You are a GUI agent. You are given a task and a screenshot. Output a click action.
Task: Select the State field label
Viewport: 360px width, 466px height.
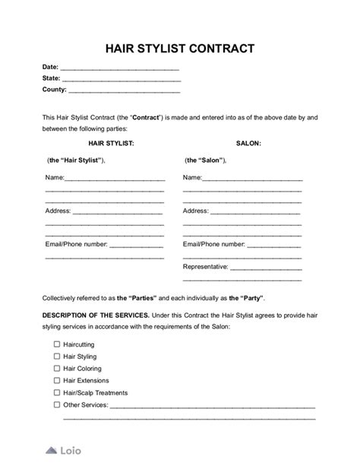pos(51,79)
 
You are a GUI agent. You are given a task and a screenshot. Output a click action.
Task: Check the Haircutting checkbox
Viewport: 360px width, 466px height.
pos(56,344)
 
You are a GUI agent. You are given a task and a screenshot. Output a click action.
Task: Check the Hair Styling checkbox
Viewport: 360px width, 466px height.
pos(56,357)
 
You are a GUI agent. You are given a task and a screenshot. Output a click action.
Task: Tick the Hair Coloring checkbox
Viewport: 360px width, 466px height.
pos(56,369)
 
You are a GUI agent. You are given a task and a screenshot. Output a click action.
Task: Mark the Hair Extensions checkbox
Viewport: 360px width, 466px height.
pos(56,380)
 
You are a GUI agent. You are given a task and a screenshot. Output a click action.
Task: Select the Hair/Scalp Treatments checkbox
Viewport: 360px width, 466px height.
pos(56,393)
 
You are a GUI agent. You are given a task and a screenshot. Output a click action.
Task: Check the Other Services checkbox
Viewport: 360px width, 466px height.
pos(56,404)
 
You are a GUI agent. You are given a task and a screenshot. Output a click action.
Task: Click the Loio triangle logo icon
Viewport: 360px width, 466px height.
pos(52,450)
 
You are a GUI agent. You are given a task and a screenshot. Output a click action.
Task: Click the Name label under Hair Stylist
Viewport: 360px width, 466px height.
pos(55,178)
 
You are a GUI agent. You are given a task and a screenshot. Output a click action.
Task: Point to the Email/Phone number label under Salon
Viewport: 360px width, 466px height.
pos(214,245)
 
